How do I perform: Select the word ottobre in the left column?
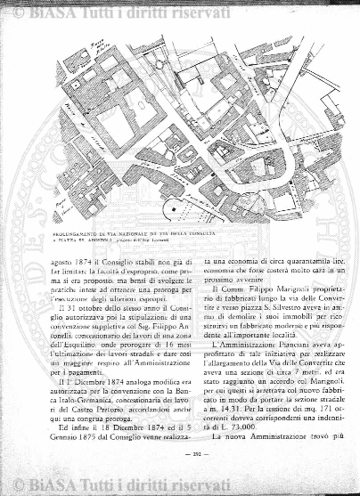click(x=82, y=285)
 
